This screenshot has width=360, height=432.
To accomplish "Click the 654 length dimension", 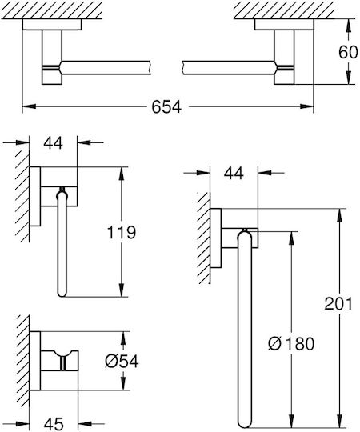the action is (x=166, y=106).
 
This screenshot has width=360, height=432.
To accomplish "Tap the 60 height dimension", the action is (x=348, y=52).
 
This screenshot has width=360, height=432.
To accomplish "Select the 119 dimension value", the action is (x=121, y=232).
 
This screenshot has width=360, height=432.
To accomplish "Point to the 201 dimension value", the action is (x=338, y=304).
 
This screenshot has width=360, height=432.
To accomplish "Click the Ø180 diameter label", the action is (x=291, y=343).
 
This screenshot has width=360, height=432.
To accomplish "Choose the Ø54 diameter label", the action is (x=122, y=361).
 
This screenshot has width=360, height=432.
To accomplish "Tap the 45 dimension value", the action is (x=54, y=423).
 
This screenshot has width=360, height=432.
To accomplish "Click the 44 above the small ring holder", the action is (x=53, y=143).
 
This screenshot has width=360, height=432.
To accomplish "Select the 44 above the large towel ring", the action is (x=234, y=174).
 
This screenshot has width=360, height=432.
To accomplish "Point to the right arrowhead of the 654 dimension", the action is (x=307, y=106).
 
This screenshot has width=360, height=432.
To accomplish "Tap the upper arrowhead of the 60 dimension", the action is (x=349, y=26).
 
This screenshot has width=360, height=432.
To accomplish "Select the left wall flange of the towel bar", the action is (x=52, y=25).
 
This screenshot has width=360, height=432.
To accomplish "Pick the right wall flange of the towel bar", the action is (x=284, y=25).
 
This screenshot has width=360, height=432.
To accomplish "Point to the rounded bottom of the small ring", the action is (x=62, y=294).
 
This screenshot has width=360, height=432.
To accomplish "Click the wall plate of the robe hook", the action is (x=35, y=361).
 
